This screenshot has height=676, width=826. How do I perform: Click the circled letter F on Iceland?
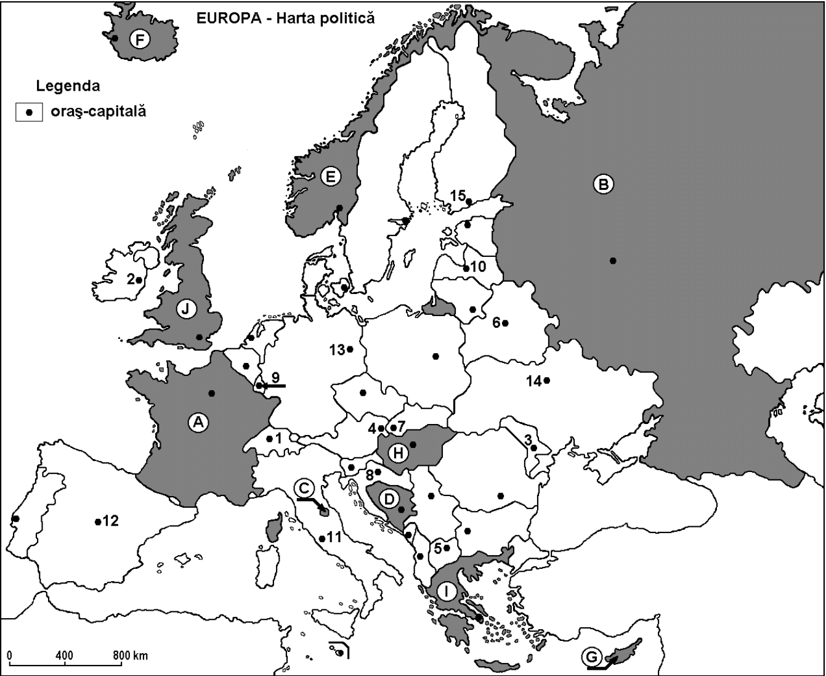pos(140,41)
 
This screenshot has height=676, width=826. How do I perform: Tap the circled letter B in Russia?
pos(604,184)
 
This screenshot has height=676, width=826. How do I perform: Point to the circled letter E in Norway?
pos(331,177)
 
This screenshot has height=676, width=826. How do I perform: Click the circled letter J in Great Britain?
pos(185,309)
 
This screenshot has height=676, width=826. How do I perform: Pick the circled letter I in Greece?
pos(448,592)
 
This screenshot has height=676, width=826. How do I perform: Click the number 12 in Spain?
pos(110,521)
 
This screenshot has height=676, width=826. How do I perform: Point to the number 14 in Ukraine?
pos(533,381)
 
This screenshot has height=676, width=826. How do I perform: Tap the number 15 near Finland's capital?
pos(457,195)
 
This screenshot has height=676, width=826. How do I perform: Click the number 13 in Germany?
pos(336,350)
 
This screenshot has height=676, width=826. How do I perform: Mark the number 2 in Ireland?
pos(131,279)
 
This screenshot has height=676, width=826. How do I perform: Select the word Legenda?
pos(68,86)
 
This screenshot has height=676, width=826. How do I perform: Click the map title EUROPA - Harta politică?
pos(285,18)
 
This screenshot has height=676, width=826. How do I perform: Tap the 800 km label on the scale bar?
pos(130,656)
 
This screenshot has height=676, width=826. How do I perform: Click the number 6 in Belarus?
pos(496,322)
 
